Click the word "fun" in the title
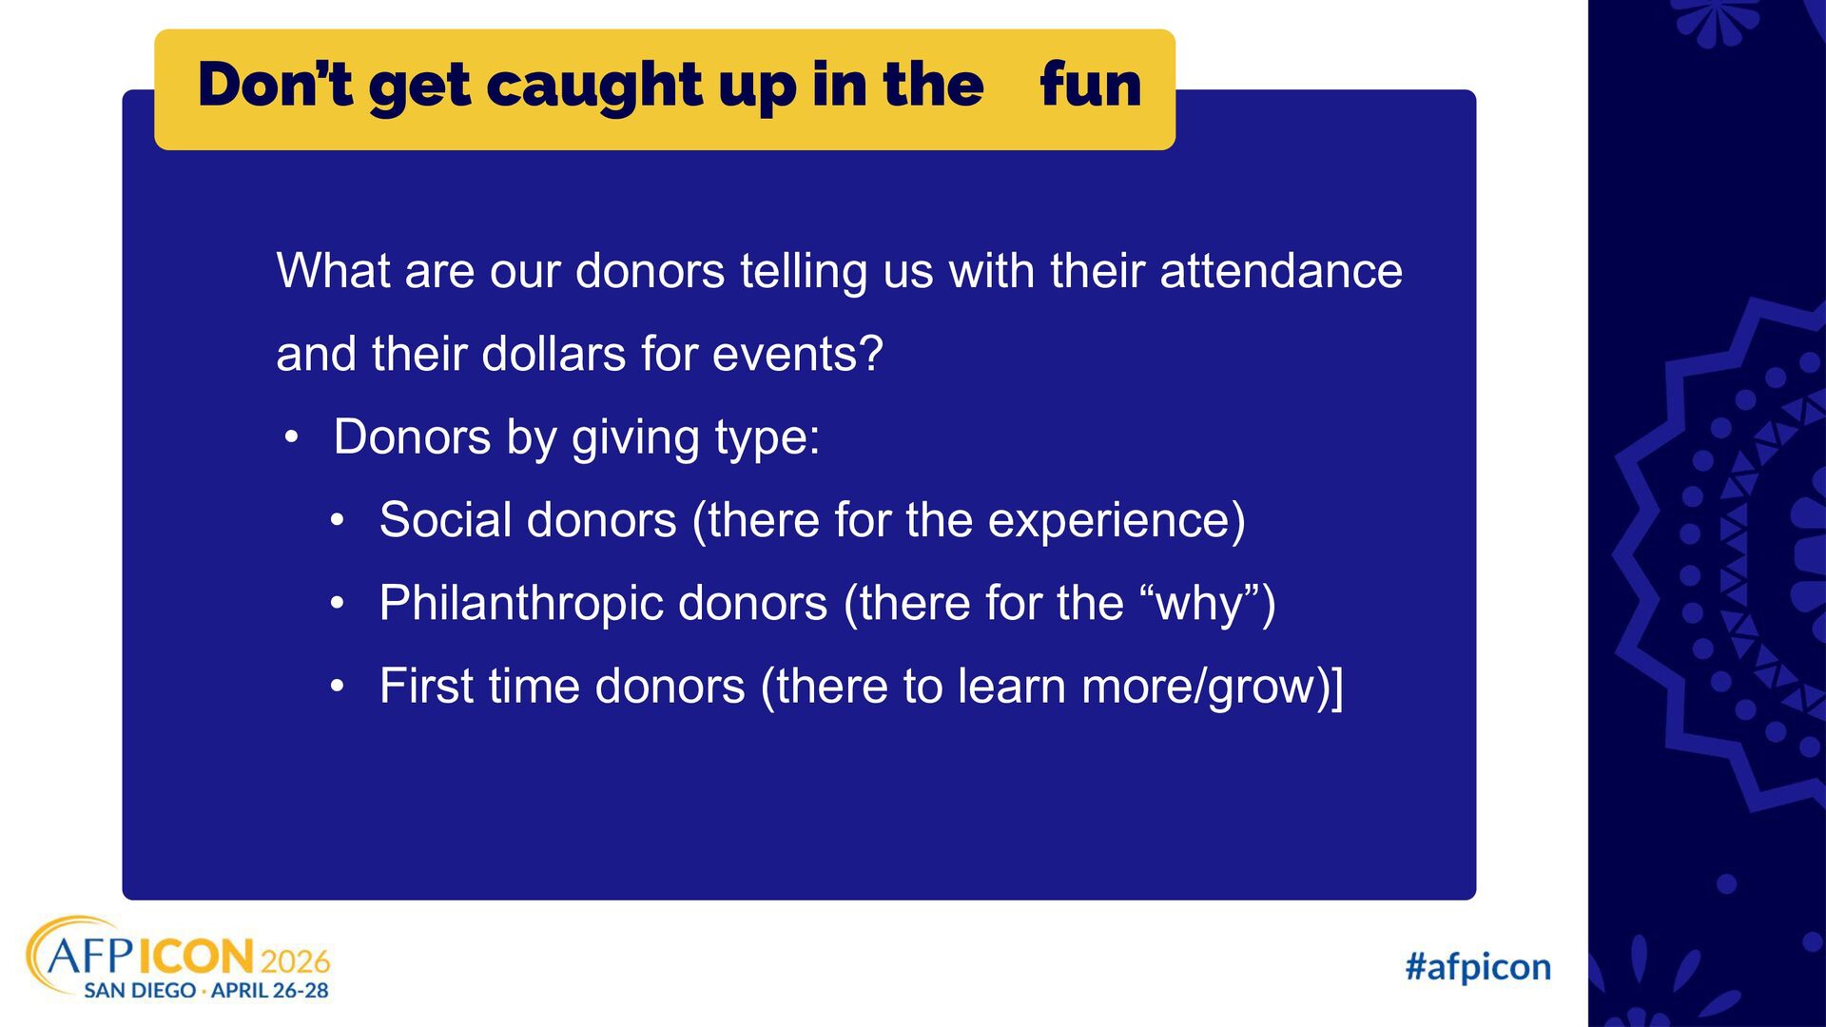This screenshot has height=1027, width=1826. click(x=1091, y=85)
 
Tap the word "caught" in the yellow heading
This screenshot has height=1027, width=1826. click(x=594, y=87)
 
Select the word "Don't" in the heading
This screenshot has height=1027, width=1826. click(x=276, y=84)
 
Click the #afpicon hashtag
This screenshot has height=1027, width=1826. click(x=1478, y=967)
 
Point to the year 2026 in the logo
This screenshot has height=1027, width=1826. click(x=295, y=960)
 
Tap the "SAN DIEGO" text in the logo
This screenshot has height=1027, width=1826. click(x=140, y=991)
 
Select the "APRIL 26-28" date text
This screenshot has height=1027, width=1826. click(x=270, y=991)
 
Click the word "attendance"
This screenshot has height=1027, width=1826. click(x=1281, y=271)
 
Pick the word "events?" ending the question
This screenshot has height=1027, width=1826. click(x=798, y=355)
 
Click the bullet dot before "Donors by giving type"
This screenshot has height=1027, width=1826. click(x=292, y=439)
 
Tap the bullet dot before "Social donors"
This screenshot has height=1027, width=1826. click(x=338, y=522)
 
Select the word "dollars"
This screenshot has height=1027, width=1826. click(x=554, y=355)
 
